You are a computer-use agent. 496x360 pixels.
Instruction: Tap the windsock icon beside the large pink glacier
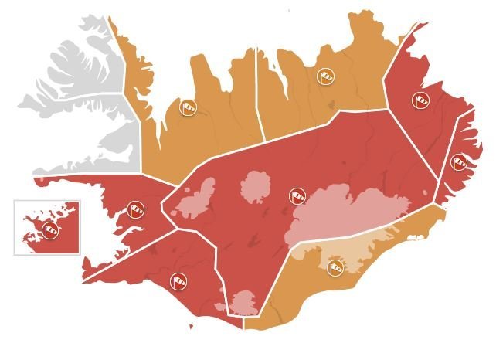[297, 196]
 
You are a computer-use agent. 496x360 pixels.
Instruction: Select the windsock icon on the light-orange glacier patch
[335, 267]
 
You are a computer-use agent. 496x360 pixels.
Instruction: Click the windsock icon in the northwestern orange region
[188, 107]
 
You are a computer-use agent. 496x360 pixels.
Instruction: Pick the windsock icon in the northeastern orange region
[325, 76]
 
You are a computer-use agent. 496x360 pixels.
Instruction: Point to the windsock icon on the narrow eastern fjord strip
[459, 162]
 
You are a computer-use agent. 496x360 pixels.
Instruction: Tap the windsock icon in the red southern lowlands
[178, 280]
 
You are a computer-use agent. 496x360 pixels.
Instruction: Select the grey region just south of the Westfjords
[116, 147]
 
